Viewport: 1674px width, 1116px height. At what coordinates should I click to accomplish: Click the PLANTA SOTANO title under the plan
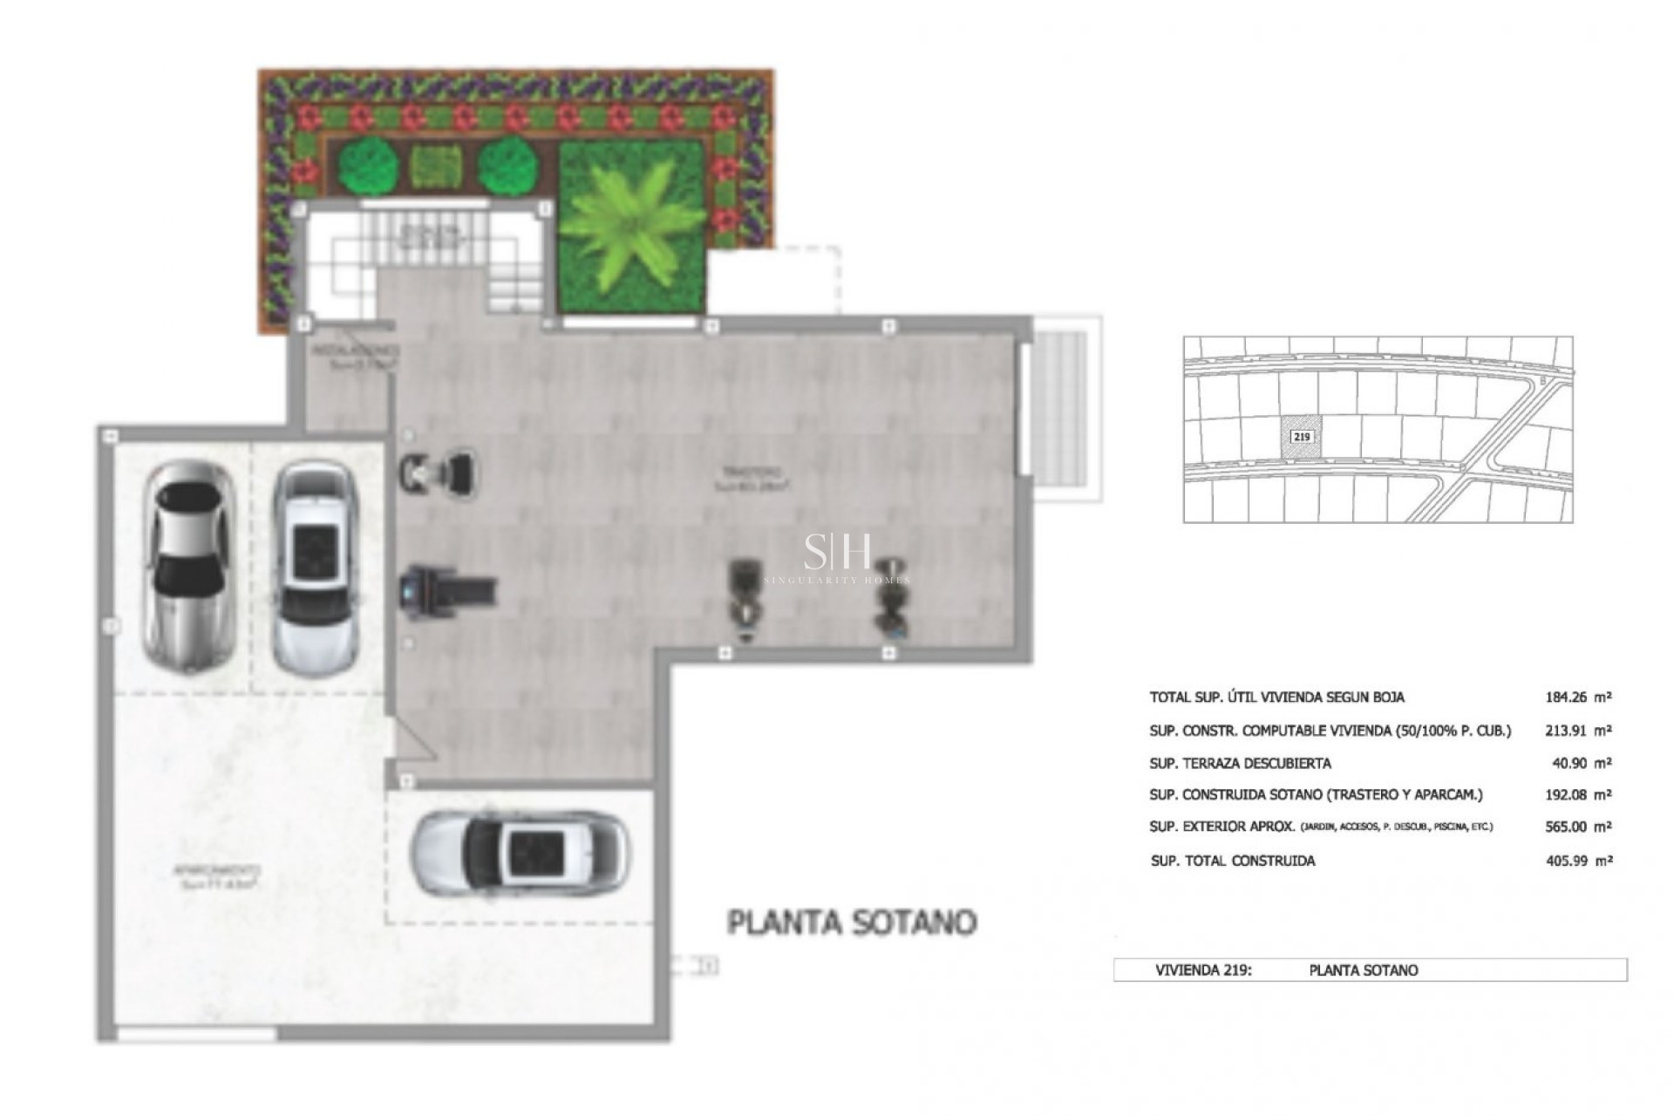pyautogui.click(x=852, y=922)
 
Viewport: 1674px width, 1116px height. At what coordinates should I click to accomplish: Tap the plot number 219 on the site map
pyautogui.click(x=1301, y=435)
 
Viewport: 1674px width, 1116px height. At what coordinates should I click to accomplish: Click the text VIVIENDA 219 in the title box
pyautogui.click(x=1203, y=970)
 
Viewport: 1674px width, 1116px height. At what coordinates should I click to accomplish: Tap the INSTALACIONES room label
pyautogui.click(x=356, y=352)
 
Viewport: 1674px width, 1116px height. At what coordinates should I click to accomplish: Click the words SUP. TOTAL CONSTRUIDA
pyautogui.click(x=1233, y=861)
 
